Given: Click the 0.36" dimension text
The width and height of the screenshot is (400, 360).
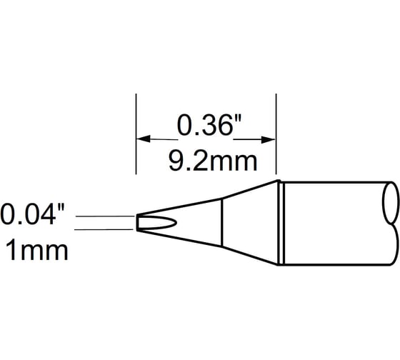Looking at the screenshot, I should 205,126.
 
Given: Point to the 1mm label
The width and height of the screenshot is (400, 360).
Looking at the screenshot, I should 36,250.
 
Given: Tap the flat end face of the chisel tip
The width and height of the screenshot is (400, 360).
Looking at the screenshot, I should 137,223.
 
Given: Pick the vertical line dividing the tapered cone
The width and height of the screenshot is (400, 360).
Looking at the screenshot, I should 221,222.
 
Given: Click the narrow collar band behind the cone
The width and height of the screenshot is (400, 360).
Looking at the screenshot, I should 281,222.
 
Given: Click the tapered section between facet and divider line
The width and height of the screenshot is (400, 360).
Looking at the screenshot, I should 196,222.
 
